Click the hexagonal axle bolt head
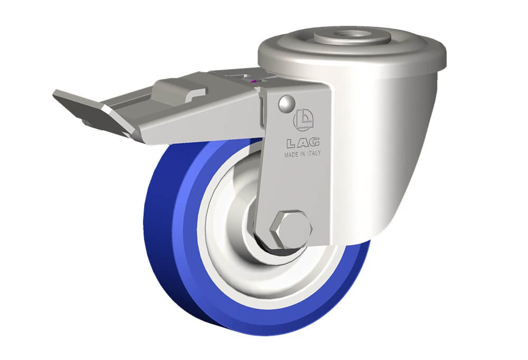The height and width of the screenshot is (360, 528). tap(291, 230)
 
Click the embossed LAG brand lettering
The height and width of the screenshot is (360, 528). tap(303, 143)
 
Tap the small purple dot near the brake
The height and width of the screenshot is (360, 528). tap(254, 80)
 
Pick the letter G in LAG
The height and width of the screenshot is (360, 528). tap(314, 142)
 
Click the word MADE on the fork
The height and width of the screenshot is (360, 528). tap(290, 155)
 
